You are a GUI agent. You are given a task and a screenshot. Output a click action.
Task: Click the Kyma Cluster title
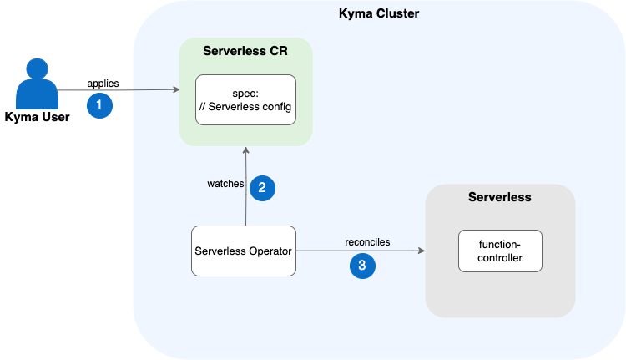[x=378, y=13]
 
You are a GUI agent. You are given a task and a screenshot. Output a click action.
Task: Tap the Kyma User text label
[x=38, y=116]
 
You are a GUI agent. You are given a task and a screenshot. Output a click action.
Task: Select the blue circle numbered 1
[x=99, y=106]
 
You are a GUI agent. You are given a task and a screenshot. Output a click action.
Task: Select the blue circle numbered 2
[x=262, y=187]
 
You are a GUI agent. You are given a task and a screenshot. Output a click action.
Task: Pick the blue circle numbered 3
[x=362, y=266]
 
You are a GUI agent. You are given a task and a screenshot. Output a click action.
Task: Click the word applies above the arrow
[x=103, y=84]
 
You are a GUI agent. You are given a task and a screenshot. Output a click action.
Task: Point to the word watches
[x=225, y=183]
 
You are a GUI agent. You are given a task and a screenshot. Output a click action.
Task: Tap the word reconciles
[x=367, y=242]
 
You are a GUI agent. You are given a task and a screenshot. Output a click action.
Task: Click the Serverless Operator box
[x=244, y=251]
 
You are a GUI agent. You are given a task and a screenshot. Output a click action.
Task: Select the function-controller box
[x=500, y=251]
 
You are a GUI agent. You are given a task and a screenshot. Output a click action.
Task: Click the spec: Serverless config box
[x=245, y=99]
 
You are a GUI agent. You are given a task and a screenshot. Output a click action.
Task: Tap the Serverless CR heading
[x=245, y=51]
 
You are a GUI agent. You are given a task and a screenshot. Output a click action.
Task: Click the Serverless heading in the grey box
[x=500, y=198]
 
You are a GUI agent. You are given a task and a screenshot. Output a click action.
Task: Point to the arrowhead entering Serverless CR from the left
[x=176, y=89]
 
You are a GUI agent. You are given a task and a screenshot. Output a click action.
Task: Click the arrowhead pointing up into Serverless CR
[x=245, y=149]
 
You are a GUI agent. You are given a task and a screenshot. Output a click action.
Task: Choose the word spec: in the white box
[x=245, y=93]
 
